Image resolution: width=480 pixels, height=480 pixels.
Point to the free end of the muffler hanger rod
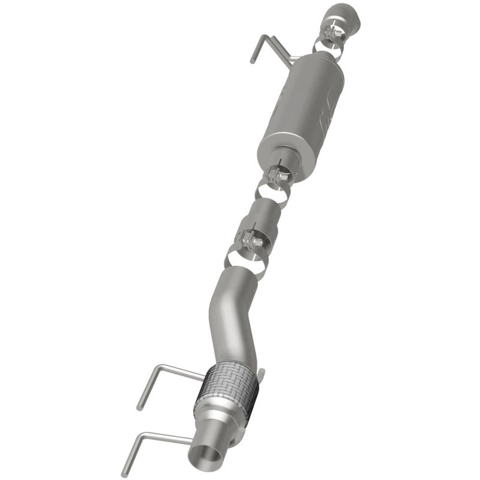click(253, 61)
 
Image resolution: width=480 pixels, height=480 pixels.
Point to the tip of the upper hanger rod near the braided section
click(139, 408)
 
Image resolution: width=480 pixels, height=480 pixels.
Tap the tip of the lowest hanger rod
click(124, 474)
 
